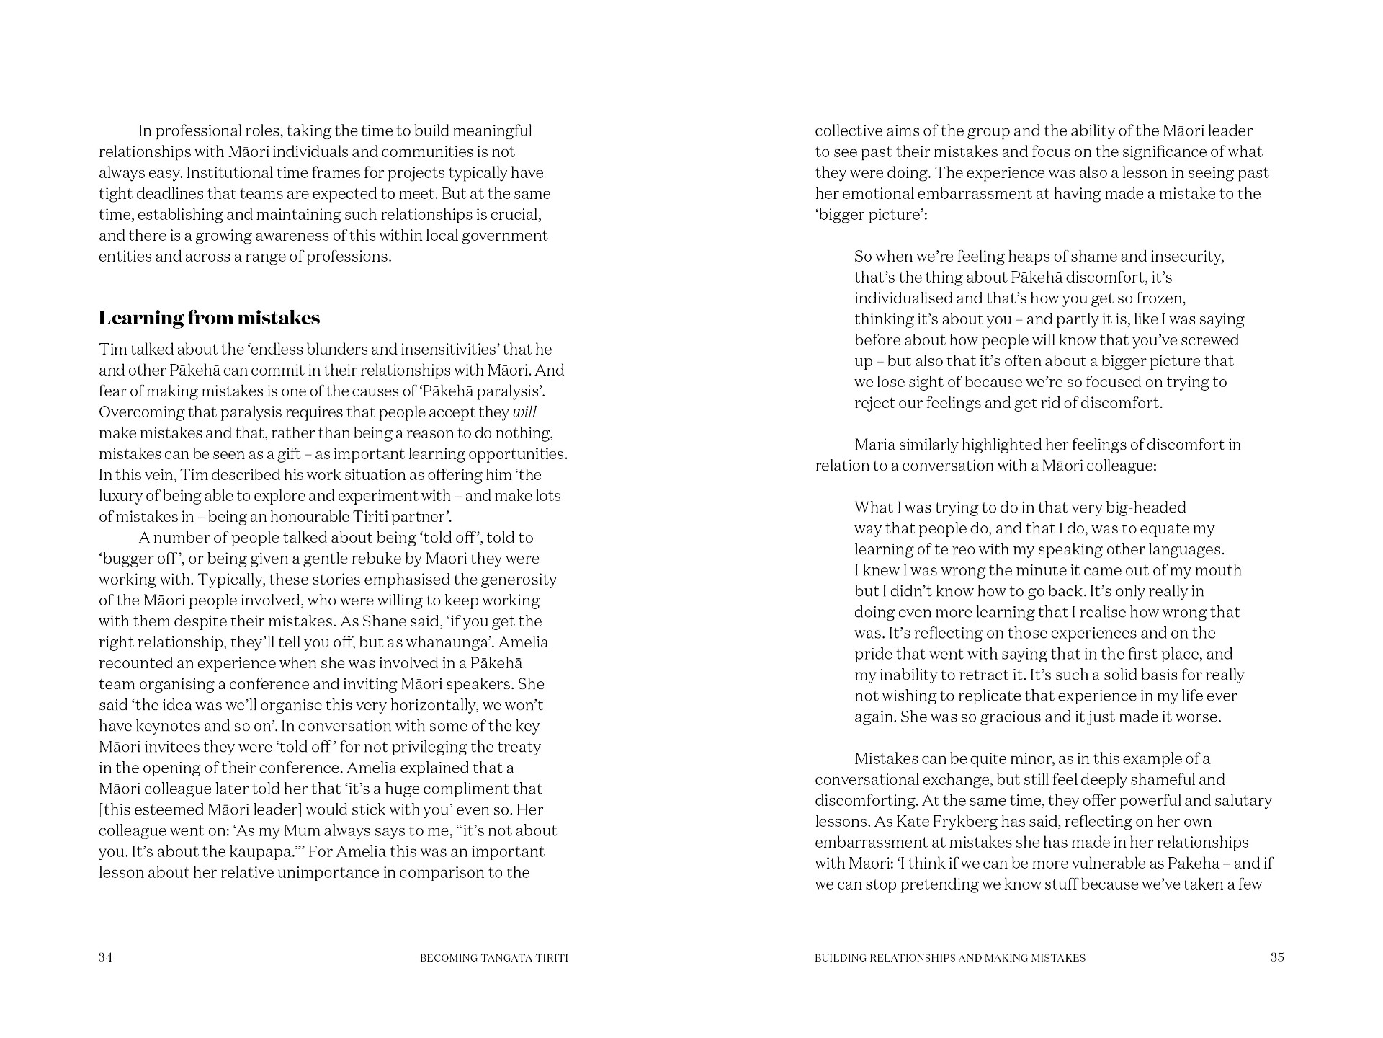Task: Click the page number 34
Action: point(106,957)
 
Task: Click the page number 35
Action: point(1276,957)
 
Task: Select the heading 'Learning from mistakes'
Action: point(209,318)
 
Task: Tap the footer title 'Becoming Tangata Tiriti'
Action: point(493,958)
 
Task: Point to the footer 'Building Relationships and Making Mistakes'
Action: point(950,958)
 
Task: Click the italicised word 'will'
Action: point(524,412)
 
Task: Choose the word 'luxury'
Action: point(120,496)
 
